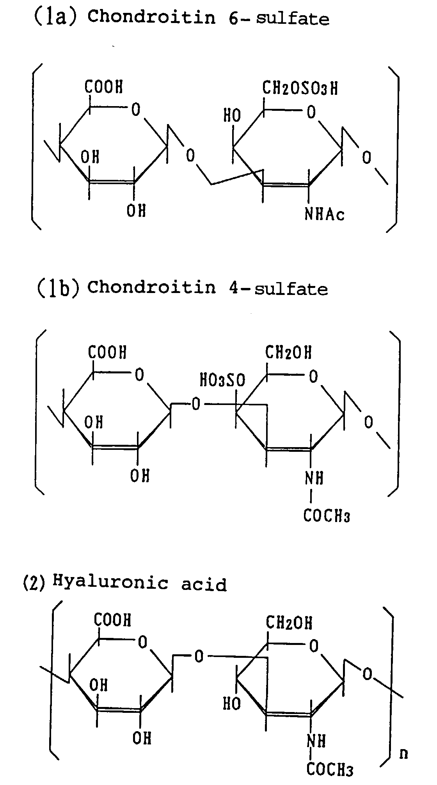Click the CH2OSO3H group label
point(300,88)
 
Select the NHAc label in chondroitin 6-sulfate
point(325,214)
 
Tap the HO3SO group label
point(222,380)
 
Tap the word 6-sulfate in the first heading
point(279,18)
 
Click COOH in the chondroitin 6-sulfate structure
point(103,86)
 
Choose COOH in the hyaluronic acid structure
point(112,620)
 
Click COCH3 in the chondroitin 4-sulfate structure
point(327,516)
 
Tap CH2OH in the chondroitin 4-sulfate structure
point(288,352)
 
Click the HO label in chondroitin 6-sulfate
point(232,115)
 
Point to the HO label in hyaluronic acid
point(232,704)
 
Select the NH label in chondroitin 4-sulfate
point(314,478)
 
